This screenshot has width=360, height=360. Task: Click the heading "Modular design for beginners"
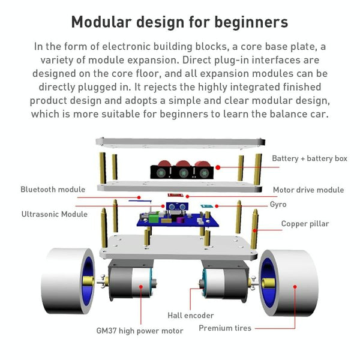[179, 22]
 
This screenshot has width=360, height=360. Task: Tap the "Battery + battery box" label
[310, 158]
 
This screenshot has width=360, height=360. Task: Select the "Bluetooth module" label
[53, 190]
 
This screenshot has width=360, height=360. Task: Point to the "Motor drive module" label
[308, 190]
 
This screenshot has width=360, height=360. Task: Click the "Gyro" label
[278, 205]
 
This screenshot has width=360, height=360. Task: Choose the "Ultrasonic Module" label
[55, 214]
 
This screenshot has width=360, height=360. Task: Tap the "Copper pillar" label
[305, 224]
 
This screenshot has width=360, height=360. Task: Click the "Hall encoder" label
[191, 315]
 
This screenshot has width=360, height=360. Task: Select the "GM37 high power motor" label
[140, 331]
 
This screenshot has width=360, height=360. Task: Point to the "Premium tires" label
[225, 328]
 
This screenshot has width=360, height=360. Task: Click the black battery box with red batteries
[182, 170]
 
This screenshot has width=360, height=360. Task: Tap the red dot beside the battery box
[218, 167]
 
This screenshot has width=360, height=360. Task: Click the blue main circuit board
[178, 220]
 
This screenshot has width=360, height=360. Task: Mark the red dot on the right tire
[295, 287]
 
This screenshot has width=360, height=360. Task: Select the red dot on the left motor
[141, 287]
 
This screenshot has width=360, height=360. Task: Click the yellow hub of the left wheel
[88, 281]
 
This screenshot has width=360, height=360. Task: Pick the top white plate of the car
[181, 142]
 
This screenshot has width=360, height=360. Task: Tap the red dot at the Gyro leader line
[217, 206]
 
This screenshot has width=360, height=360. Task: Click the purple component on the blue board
[180, 220]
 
